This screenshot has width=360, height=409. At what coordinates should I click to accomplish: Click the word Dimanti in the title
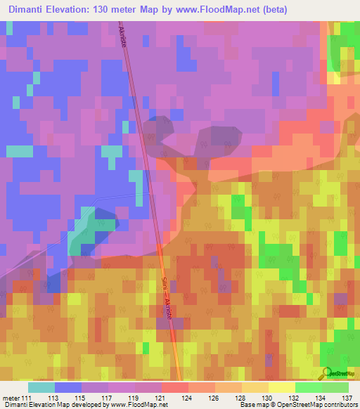[32, 10]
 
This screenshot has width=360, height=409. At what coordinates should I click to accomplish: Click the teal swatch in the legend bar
[41, 387]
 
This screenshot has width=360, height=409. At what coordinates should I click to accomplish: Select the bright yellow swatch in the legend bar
[282, 387]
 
